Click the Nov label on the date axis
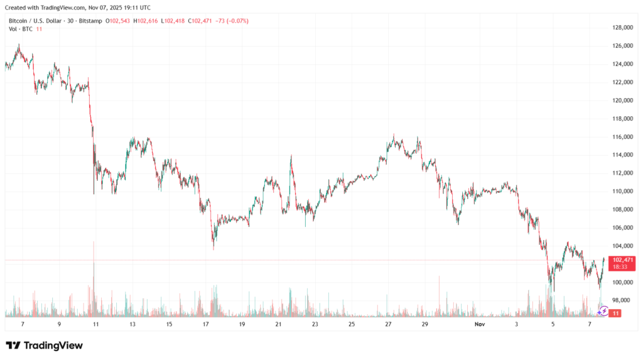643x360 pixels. click(480, 324)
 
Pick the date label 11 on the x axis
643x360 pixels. click(95, 324)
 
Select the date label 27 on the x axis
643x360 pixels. click(389, 324)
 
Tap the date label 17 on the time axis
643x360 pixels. click(205, 324)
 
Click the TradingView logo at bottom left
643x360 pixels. click(44, 345)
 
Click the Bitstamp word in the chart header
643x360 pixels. click(92, 21)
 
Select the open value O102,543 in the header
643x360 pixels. click(118, 21)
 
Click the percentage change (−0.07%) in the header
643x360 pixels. click(235, 21)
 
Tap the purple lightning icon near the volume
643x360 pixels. click(603, 310)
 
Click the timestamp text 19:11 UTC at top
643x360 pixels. click(137, 8)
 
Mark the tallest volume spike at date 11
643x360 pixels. click(94, 264)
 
